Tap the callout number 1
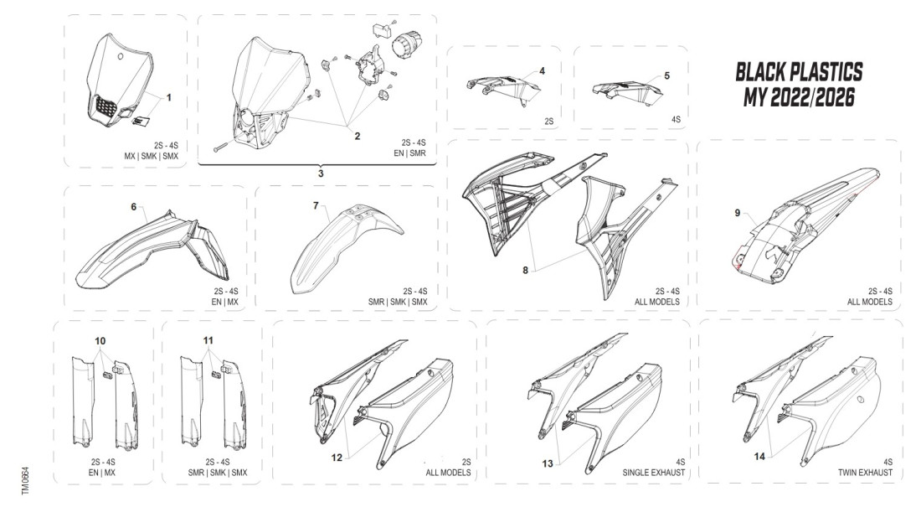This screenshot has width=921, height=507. [x=168, y=98]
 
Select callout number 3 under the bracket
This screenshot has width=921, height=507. [x=320, y=173]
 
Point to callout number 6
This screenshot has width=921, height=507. [x=132, y=205]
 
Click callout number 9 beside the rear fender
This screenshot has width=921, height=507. [x=738, y=213]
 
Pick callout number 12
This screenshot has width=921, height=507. [x=336, y=457]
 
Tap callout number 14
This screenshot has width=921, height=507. [x=760, y=458]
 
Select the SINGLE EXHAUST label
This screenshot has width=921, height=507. [x=654, y=473]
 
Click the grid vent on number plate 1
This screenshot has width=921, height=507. [x=106, y=107]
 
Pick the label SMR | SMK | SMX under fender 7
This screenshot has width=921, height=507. [x=400, y=301]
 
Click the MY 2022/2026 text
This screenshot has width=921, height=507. [x=799, y=98]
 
